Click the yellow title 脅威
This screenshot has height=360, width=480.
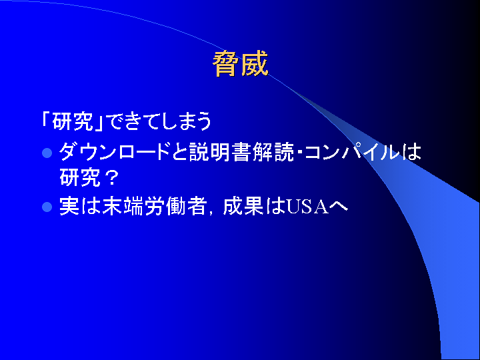coord(240,64)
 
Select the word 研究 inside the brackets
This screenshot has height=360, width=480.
coord(73,122)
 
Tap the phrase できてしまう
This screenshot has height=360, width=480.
coord(160,122)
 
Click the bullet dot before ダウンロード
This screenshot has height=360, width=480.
coord(47,153)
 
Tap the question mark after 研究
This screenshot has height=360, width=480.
coord(111,177)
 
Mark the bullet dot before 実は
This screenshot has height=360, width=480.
coord(47,207)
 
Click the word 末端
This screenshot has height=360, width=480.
coord(123,207)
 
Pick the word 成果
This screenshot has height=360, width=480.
coord(243,207)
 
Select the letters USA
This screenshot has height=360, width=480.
coord(307,207)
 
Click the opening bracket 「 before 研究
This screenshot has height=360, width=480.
coord(47,120)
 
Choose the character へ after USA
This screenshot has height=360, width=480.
coord(338,207)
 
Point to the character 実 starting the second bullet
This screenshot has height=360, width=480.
coord(69,207)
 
